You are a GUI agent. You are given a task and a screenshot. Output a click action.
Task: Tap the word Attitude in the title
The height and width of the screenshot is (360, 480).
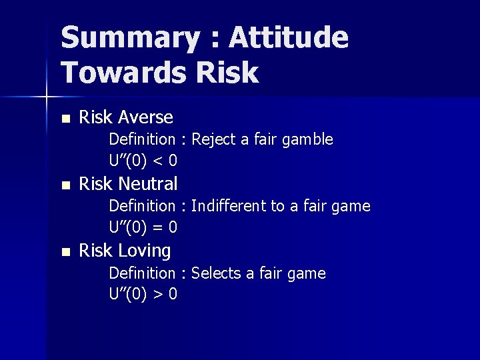[x=289, y=37]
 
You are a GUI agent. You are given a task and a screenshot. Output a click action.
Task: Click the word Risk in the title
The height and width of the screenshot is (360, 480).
[x=227, y=72]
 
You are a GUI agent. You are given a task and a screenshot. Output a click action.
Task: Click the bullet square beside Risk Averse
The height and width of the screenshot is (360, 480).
[x=65, y=119]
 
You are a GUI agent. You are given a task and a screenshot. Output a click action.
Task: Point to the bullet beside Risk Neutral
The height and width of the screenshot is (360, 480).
[x=65, y=185]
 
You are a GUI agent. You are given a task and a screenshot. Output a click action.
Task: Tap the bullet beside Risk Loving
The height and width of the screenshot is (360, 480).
[x=65, y=253]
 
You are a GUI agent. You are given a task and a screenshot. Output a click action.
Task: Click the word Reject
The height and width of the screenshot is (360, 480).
[x=213, y=139]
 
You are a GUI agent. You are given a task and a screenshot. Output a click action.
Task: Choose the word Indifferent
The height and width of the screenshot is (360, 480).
[x=228, y=206]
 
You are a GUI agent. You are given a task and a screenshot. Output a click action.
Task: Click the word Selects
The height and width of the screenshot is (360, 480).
[x=215, y=273]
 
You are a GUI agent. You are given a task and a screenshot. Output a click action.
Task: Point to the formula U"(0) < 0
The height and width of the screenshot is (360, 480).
[x=143, y=161]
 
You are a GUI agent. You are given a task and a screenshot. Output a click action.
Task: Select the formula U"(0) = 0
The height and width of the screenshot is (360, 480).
[x=143, y=227]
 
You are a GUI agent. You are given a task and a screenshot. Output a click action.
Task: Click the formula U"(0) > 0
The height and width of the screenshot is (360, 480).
[x=143, y=294]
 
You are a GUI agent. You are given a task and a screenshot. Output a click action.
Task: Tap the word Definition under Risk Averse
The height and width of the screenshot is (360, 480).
[x=142, y=139]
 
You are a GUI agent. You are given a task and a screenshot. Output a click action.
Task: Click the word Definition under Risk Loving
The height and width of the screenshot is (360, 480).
[x=142, y=273]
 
